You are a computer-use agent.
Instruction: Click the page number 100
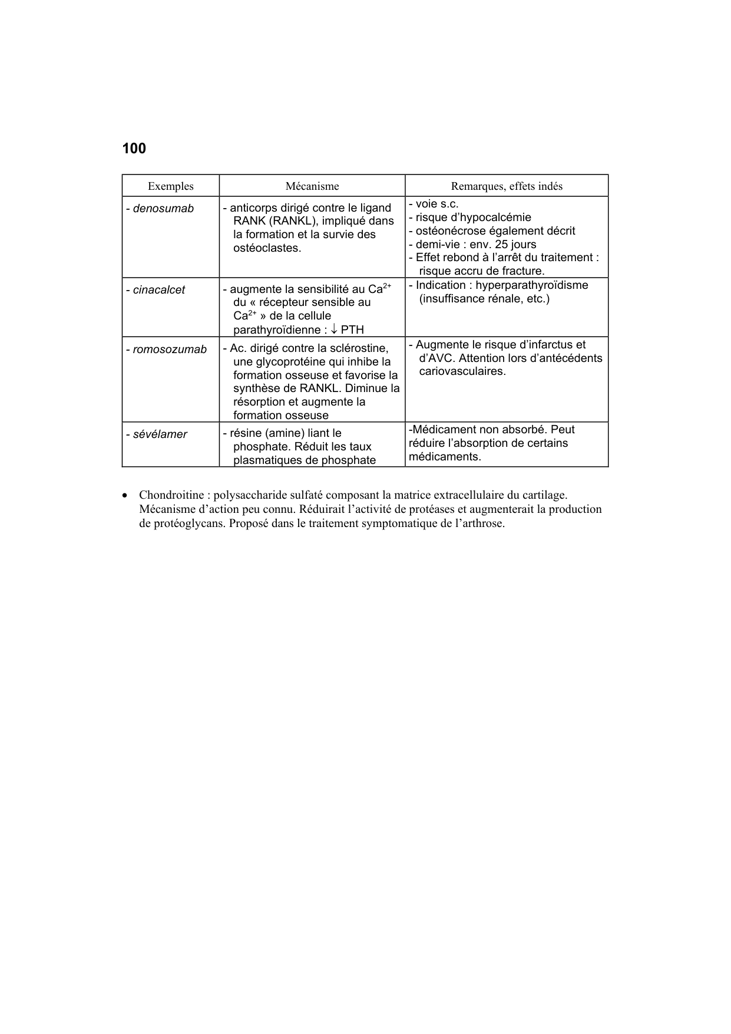click(134, 149)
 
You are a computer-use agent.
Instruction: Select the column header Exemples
click(170, 186)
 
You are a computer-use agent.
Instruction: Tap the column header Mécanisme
click(312, 186)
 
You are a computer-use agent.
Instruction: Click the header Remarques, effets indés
click(507, 186)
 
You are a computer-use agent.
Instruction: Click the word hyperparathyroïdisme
click(531, 285)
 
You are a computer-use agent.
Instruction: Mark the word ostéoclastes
click(267, 248)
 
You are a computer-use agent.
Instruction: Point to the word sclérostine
click(357, 348)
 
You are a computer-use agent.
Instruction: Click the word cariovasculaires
click(462, 372)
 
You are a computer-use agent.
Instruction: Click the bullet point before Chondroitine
click(125, 495)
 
